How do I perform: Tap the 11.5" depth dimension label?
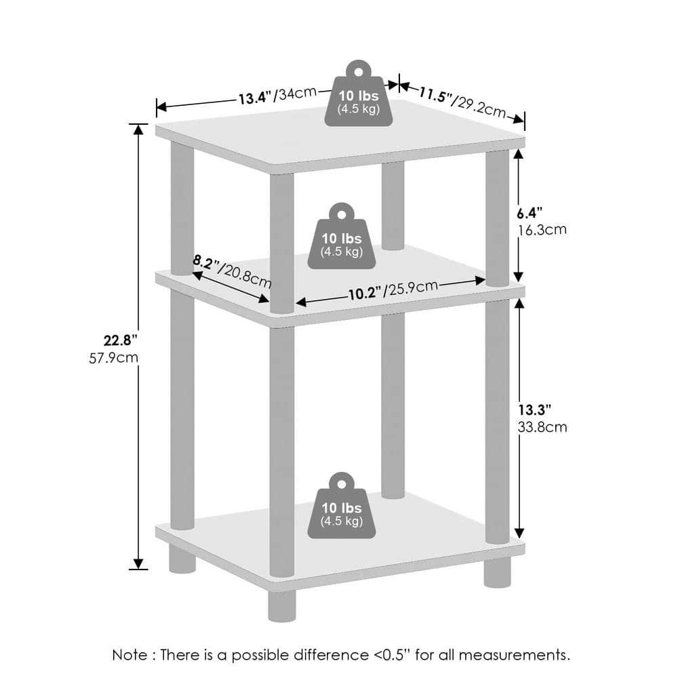pos(435,94)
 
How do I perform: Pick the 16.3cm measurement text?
pos(542,230)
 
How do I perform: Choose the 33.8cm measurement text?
pos(542,427)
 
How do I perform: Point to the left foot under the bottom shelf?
pos(182,560)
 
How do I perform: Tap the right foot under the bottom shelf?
pos(497,573)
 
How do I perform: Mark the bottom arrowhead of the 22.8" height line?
pos(139,563)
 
